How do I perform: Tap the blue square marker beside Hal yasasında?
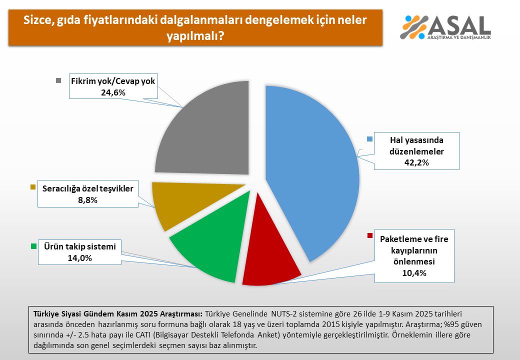coord(369,139)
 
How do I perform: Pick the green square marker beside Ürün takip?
coord(33,246)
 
